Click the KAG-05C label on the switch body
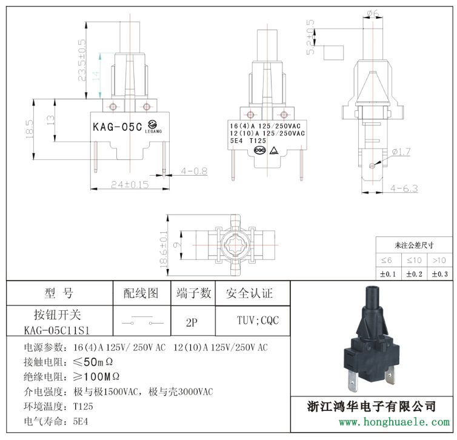click(117, 127)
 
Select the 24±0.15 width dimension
click(130, 184)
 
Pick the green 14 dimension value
click(95, 76)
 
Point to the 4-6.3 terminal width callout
click(404, 188)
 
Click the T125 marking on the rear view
click(249, 141)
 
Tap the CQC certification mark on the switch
click(260, 150)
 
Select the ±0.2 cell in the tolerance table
click(413, 274)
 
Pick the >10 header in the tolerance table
click(439, 260)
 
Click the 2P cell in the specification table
click(192, 322)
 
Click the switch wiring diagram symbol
click(141, 322)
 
